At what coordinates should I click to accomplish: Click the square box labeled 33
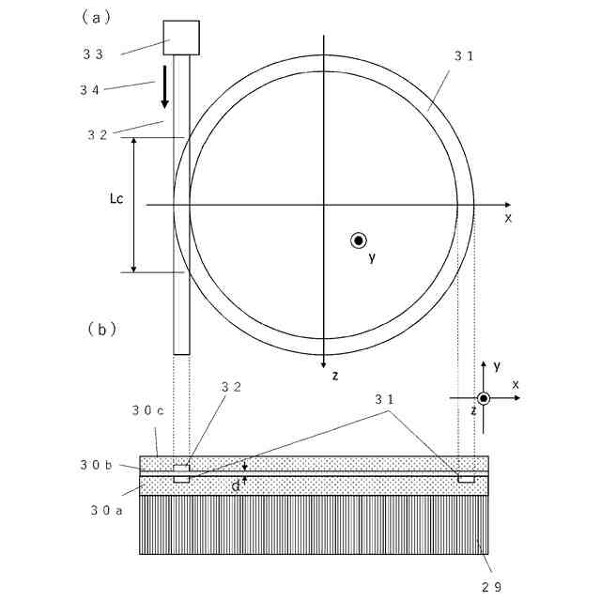[183, 37]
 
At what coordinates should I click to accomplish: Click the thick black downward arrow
[164, 87]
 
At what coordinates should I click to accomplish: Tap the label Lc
[117, 198]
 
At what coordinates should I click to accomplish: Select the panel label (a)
[97, 16]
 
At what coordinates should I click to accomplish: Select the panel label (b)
[100, 329]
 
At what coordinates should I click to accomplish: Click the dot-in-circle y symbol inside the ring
[359, 240]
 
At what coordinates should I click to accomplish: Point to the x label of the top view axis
[508, 218]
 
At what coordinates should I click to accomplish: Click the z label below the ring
[334, 376]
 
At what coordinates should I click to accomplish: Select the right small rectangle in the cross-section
[465, 479]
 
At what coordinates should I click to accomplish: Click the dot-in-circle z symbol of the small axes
[484, 398]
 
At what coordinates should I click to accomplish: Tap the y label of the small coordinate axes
[497, 365]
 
